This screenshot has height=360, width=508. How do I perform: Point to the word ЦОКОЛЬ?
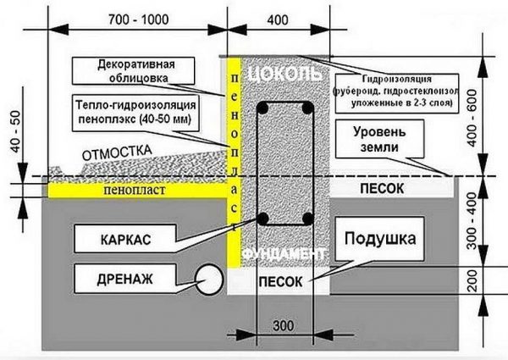tap(284, 75)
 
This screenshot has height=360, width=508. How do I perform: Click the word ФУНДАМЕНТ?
tap(284, 254)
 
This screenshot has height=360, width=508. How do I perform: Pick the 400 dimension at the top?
tap(277, 19)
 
